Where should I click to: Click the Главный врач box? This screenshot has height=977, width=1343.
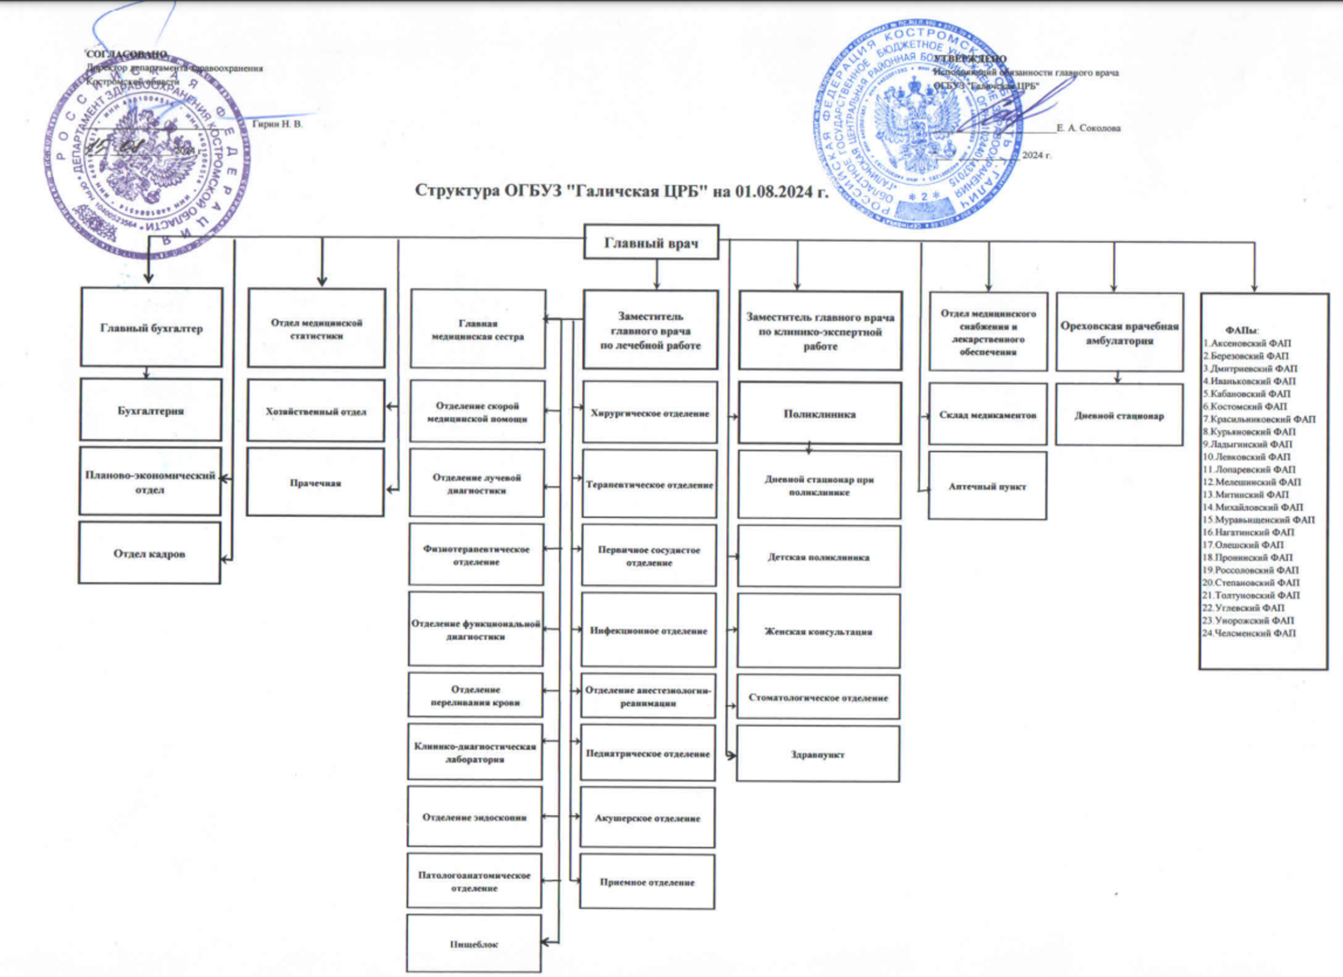(x=651, y=242)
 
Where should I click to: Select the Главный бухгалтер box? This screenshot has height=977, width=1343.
(x=151, y=328)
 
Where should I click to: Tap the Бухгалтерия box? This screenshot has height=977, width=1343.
(x=151, y=410)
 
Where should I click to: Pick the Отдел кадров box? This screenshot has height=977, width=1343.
(x=149, y=553)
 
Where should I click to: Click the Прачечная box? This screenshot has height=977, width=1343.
(x=315, y=482)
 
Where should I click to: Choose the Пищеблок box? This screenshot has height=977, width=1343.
(x=474, y=944)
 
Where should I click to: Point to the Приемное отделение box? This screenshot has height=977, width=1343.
(x=647, y=882)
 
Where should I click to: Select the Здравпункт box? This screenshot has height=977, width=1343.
(x=818, y=754)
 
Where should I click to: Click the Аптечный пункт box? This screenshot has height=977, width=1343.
(x=987, y=486)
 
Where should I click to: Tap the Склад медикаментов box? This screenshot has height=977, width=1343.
(x=988, y=415)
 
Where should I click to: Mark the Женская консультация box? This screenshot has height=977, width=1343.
(x=818, y=631)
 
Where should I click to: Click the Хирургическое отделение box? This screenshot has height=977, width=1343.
(x=649, y=412)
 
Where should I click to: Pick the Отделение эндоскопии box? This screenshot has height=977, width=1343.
(x=474, y=817)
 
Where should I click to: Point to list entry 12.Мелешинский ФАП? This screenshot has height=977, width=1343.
(x=1252, y=482)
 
